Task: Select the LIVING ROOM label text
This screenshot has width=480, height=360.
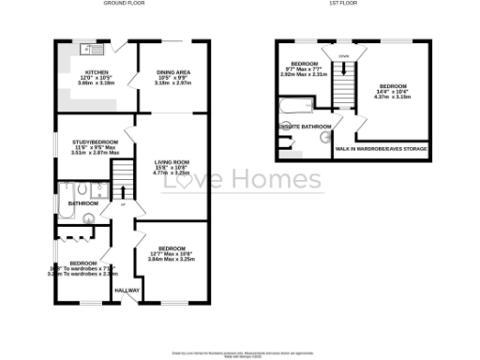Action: point(172,162)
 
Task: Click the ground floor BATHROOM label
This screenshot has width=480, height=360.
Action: point(82,202)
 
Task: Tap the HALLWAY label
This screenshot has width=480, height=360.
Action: point(127,290)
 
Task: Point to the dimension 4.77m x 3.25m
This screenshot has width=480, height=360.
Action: point(172,173)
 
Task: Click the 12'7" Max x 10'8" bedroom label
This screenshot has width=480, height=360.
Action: point(171,253)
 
